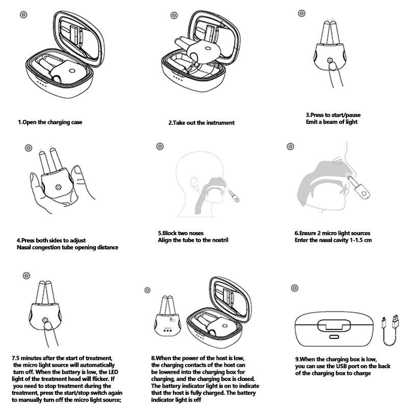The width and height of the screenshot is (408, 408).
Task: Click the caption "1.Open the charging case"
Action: [x=50, y=122]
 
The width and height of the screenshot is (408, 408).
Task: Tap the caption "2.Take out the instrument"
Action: [x=201, y=123]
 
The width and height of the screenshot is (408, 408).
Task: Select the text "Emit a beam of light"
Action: [x=331, y=121]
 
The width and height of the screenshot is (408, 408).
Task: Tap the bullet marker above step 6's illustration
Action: [x=291, y=146]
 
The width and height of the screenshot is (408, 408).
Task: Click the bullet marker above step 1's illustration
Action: [x=23, y=14]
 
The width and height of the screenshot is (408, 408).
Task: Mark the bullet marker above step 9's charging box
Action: [x=294, y=288]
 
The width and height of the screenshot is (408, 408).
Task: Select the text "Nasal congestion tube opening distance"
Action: [x=67, y=247]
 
